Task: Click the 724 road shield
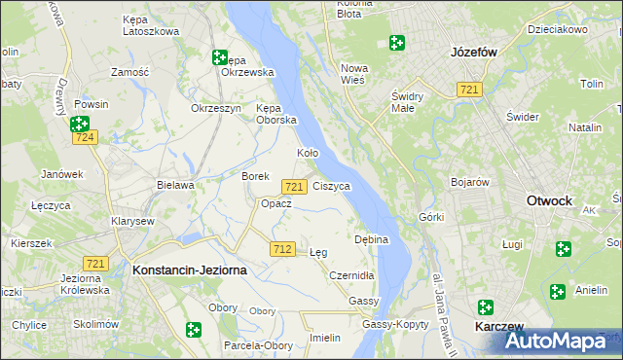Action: point(85,139)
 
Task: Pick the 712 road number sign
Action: point(283,249)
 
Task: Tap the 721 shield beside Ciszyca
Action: point(294,185)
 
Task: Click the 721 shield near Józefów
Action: point(469,90)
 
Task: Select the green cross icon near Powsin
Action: point(80,124)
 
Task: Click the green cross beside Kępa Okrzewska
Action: point(220,57)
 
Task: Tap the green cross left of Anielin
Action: point(557,291)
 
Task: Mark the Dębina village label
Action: point(372,239)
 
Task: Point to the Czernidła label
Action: point(351,276)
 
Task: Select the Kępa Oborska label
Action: point(275,114)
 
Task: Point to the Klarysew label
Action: point(134,221)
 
